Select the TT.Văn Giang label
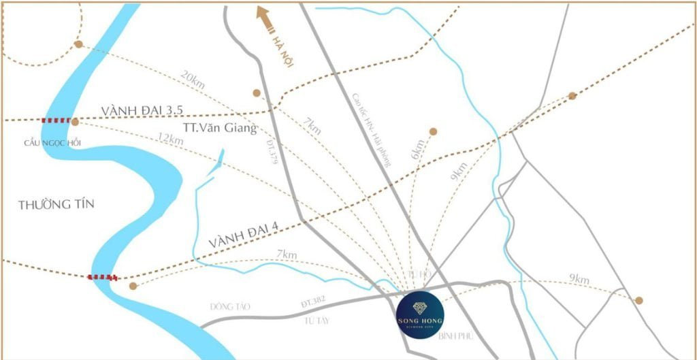220,127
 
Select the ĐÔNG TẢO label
229,307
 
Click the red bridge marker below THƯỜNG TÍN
103,277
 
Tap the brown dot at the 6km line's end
433,131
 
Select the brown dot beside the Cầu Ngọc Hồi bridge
75,122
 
